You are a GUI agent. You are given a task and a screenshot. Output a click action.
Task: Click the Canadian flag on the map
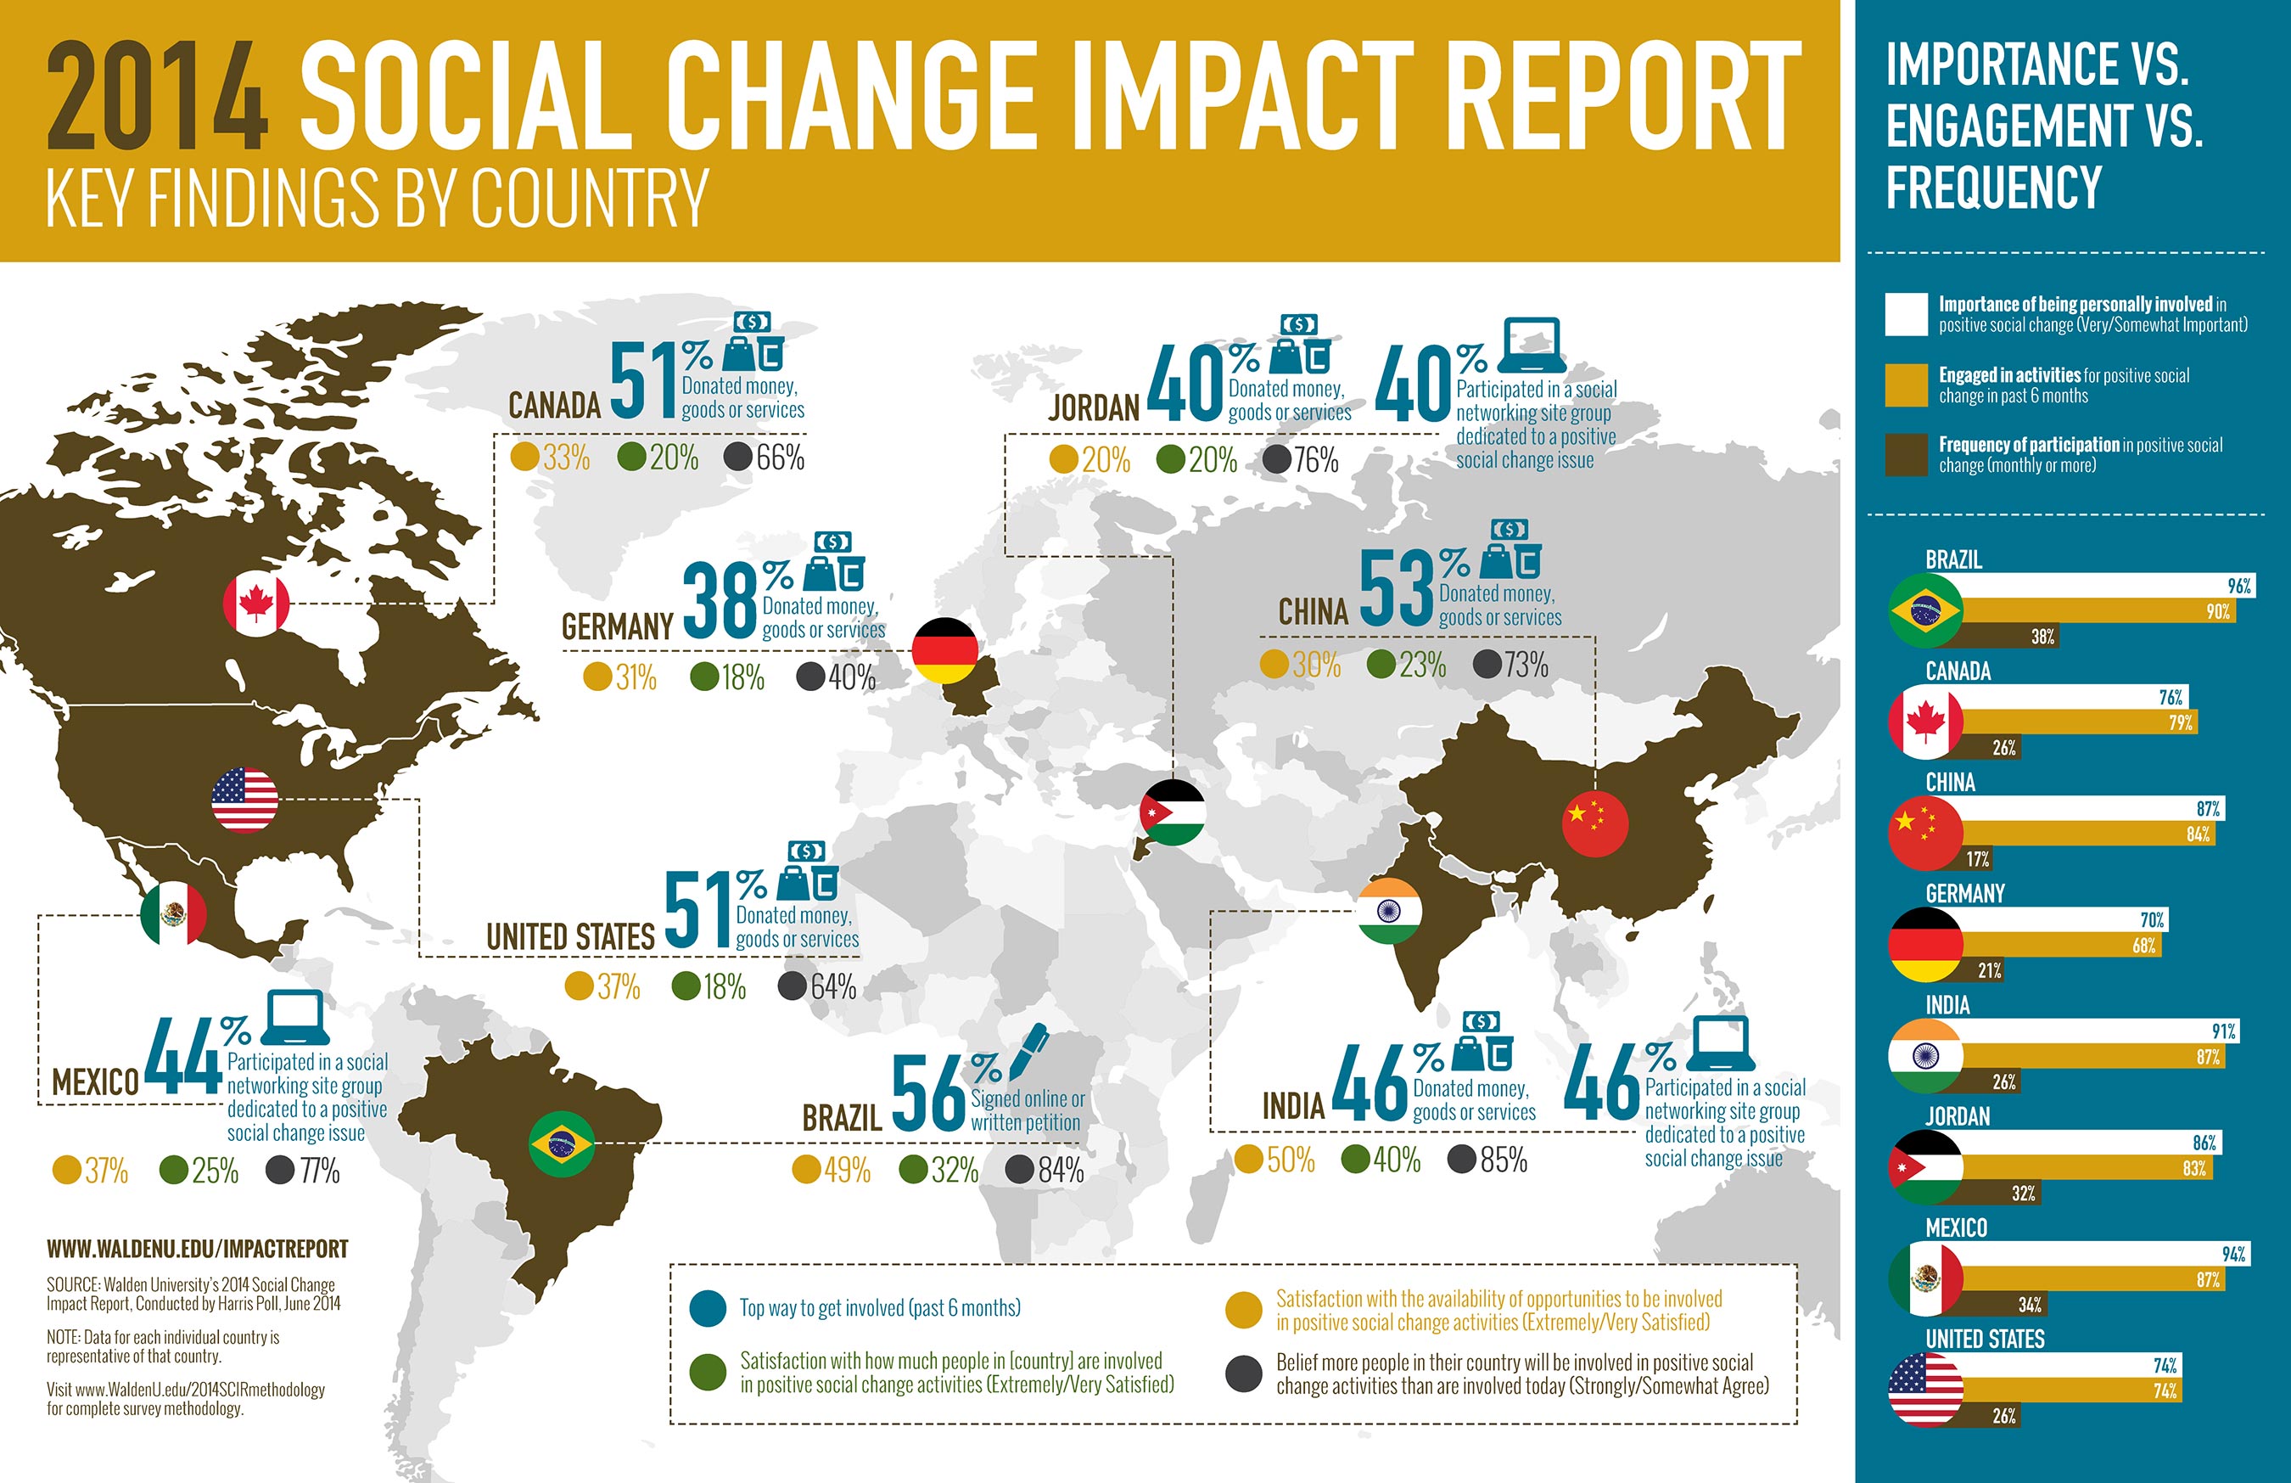click(256, 604)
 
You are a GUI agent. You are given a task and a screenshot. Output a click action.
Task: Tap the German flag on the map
click(944, 650)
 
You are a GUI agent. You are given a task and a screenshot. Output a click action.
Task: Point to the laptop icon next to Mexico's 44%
click(294, 1018)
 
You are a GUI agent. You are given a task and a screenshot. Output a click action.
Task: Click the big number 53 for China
click(1396, 590)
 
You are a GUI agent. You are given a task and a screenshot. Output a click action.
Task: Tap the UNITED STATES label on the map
click(570, 937)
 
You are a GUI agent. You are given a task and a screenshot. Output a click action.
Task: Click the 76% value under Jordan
click(1315, 460)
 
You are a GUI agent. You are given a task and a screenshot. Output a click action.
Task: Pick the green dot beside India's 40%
click(1356, 1160)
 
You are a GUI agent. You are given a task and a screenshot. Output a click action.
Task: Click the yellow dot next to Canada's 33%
click(525, 457)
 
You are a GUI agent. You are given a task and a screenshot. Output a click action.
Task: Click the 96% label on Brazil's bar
click(2239, 586)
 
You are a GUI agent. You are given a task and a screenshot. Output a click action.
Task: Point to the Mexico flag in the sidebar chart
click(1925, 1279)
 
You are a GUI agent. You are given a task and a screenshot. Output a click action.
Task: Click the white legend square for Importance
click(1906, 314)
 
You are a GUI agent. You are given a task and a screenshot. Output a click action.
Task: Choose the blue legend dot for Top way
click(708, 1309)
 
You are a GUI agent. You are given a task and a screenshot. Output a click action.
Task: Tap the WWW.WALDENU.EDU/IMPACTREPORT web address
click(198, 1249)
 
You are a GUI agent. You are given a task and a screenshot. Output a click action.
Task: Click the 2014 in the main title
click(156, 96)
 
